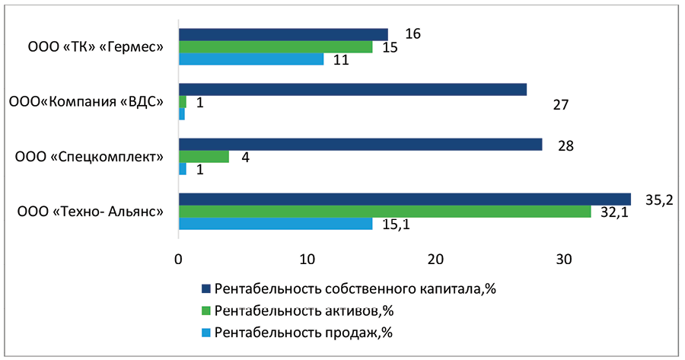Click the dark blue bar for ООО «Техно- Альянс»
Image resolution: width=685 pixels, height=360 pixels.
[x=404, y=199]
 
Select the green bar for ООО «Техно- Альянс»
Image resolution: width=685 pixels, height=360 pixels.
[x=384, y=212]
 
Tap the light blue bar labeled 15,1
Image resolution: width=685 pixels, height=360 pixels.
[x=276, y=224]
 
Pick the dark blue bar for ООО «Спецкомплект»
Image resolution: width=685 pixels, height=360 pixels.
[x=360, y=145]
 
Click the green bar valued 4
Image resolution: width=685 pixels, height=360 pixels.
[x=203, y=157]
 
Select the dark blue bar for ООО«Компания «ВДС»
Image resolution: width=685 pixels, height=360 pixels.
[x=352, y=90]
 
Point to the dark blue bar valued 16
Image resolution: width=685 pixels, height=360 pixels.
[x=283, y=35]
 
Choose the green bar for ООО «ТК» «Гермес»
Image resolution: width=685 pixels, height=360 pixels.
[x=276, y=47]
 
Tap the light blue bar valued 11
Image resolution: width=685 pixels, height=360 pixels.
[x=251, y=59]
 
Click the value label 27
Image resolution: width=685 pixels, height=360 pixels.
[x=561, y=105]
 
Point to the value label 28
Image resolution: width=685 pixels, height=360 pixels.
[x=565, y=145]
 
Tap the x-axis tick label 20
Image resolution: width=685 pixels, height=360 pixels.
[x=435, y=260]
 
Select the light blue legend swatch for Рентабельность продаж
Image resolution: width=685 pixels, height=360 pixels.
[x=205, y=332]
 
